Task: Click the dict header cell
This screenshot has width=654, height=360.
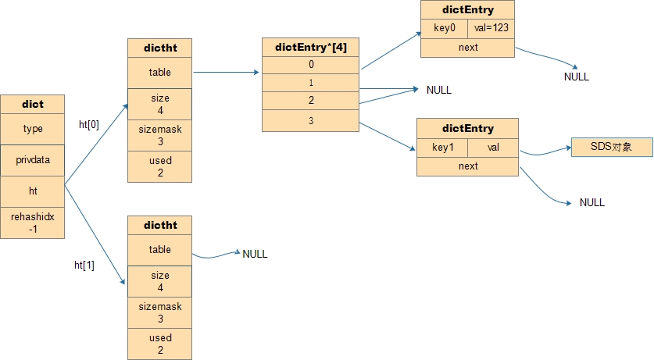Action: click(33, 104)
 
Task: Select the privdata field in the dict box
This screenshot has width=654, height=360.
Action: click(33, 160)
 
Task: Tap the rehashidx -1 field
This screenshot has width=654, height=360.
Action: click(33, 223)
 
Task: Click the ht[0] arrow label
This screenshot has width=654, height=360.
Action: click(89, 125)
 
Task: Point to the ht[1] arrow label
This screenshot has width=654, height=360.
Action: click(84, 265)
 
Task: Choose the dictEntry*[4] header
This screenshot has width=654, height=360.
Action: click(311, 47)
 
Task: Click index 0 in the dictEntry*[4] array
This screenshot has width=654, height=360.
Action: click(311, 65)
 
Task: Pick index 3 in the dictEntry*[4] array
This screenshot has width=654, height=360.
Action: click(311, 121)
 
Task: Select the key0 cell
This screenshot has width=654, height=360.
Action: click(444, 28)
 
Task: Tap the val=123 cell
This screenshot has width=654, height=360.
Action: click(491, 28)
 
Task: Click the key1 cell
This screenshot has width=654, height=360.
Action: click(442, 148)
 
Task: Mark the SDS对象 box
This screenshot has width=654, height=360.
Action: click(612, 147)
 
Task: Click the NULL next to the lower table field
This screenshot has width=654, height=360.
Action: click(255, 254)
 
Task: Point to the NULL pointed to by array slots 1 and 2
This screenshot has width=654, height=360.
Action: click(439, 90)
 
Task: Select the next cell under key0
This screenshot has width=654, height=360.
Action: click(467, 48)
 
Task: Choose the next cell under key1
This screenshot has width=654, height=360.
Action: click(467, 166)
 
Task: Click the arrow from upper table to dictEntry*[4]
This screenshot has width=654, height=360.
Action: click(226, 73)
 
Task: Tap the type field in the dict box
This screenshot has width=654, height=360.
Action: click(33, 129)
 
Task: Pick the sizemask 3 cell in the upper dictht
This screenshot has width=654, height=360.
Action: click(159, 135)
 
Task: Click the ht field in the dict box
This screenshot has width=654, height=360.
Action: click(33, 191)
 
